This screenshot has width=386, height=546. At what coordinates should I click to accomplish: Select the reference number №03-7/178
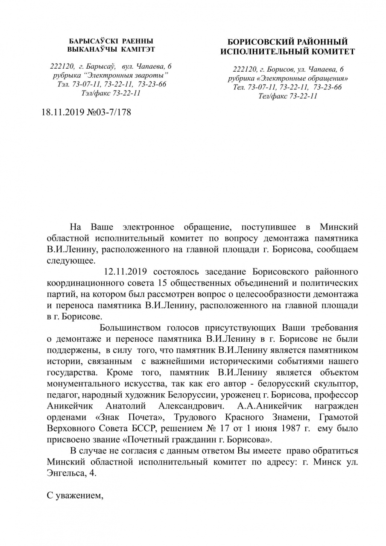click(x=109, y=113)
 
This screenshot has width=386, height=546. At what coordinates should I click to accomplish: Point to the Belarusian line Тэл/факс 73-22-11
click(x=111, y=93)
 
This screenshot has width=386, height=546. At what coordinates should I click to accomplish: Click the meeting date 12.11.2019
click(x=126, y=271)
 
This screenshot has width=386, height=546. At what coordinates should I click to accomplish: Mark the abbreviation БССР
click(x=144, y=428)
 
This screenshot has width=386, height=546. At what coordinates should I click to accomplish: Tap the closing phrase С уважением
click(x=75, y=496)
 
